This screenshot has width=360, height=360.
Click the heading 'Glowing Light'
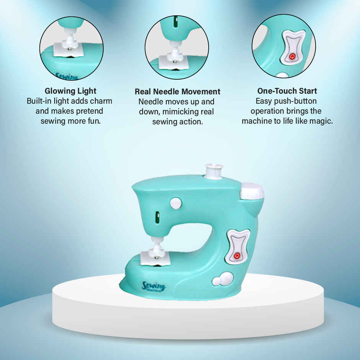click(70, 91)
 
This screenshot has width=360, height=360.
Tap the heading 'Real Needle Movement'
click(177, 92)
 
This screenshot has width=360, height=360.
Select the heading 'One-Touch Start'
click(287, 91)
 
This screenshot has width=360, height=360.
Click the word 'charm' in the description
click(101, 101)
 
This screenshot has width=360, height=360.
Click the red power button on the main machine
click(237, 255)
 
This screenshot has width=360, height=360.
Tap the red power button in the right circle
click(292, 56)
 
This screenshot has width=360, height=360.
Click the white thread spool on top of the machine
click(214, 171)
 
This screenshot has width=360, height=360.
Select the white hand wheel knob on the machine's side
click(252, 191)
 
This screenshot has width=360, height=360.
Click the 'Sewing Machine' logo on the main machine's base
click(154, 286)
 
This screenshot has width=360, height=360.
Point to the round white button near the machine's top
click(176, 203)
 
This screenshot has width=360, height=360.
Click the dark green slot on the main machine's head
click(157, 217)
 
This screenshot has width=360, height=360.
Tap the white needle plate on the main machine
click(155, 259)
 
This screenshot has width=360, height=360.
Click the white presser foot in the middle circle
click(175, 53)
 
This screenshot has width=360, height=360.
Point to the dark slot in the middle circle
click(176, 22)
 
